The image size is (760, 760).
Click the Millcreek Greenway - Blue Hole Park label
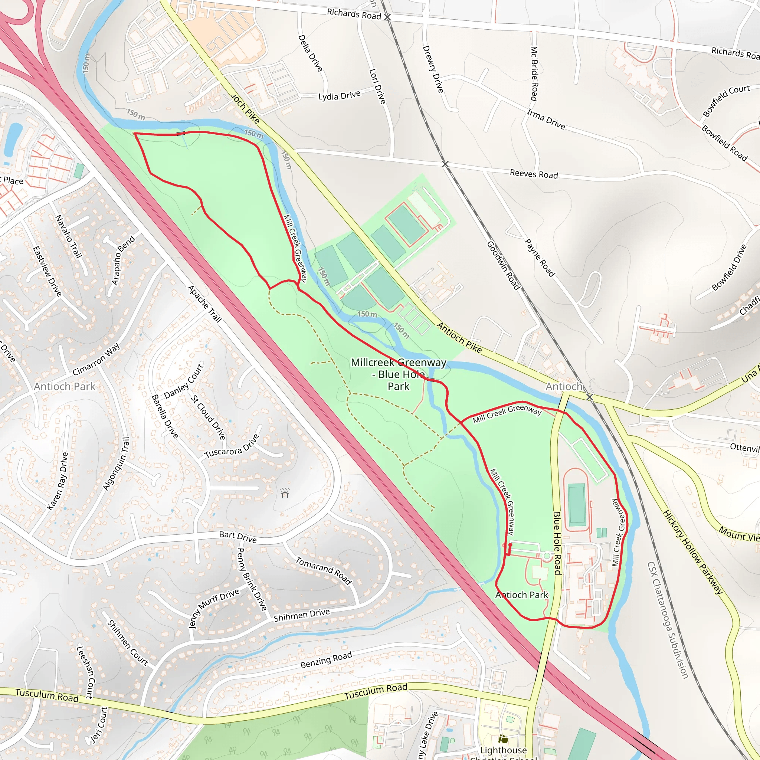(x=399, y=374)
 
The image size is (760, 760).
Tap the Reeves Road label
(x=533, y=174)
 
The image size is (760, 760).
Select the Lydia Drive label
(x=339, y=96)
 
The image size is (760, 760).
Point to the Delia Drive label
(x=310, y=53)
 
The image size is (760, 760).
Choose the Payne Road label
(x=539, y=258)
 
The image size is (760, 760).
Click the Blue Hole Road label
(x=557, y=543)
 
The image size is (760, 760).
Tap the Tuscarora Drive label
(x=232, y=446)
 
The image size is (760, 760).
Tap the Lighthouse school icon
(x=503, y=739)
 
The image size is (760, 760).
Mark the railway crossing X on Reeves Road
(x=445, y=164)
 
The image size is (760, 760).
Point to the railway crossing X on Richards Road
(x=387, y=17)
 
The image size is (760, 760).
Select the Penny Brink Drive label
(x=252, y=579)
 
